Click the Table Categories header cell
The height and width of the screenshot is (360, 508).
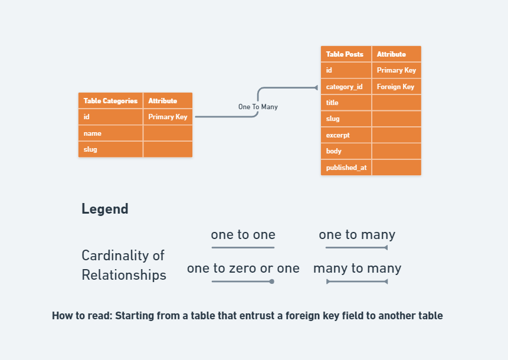click(110, 101)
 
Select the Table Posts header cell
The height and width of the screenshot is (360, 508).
click(346, 54)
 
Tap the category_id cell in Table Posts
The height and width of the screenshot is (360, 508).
click(346, 87)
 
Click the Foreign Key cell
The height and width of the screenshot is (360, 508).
click(396, 87)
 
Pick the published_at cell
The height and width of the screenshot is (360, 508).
click(346, 168)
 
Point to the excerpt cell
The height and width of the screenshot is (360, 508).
click(346, 135)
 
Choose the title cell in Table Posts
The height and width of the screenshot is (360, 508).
click(346, 103)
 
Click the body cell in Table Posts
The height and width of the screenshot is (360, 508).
click(346, 151)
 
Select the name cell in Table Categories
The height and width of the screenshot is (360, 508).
click(110, 133)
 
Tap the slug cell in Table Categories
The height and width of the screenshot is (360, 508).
click(110, 149)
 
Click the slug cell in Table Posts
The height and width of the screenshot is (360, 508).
click(346, 119)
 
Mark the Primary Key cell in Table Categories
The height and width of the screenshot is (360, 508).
click(168, 117)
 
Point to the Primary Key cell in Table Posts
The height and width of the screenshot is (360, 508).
click(396, 70)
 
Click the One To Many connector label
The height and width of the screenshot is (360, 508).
click(258, 107)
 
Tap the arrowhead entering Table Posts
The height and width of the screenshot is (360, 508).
click(316, 88)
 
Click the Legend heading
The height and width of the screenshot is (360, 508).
click(105, 209)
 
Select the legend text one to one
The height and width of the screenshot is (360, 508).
click(243, 235)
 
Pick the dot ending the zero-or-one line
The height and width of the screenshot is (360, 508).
click(272, 282)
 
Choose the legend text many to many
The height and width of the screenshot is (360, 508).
click(357, 269)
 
